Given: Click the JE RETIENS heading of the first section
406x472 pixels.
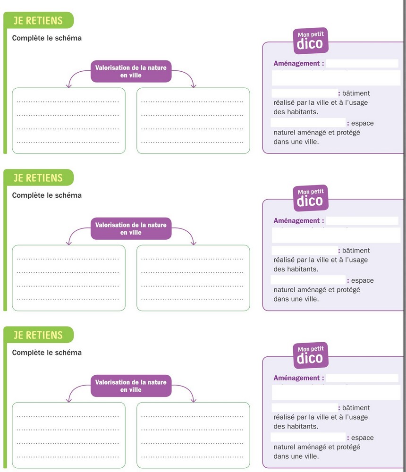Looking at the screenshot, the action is tap(38, 20).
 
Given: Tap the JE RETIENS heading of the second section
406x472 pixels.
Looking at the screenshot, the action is tap(38, 177).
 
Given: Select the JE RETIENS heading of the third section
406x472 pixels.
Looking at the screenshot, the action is tap(38, 335).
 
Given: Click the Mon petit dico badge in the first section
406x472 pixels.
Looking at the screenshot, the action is tap(311, 41).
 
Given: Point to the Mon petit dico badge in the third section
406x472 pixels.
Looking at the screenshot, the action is tap(311, 355).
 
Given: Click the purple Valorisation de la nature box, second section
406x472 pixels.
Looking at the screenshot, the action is tap(131, 228).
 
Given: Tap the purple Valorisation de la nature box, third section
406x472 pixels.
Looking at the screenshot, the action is tap(131, 386).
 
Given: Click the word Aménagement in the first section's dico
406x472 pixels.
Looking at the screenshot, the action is tap(296, 64).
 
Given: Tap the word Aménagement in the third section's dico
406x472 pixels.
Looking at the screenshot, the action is tap(296, 378).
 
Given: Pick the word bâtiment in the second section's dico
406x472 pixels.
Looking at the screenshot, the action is tap(356, 251).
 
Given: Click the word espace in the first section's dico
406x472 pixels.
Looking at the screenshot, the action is tap(362, 123).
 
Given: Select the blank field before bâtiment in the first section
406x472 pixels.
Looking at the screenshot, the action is tap(304, 93).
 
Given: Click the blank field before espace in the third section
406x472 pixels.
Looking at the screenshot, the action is tap(308, 437).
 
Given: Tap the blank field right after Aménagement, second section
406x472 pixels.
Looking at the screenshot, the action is tap(362, 220).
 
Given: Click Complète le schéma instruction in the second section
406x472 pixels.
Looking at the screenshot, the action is tap(47, 195).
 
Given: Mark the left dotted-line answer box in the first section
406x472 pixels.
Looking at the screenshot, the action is tap(68, 121).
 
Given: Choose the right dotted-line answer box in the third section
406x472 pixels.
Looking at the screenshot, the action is tap(194, 435).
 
